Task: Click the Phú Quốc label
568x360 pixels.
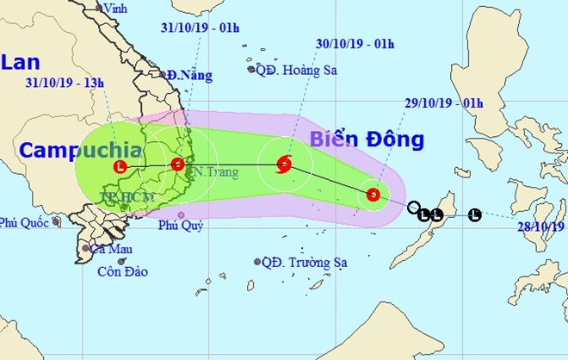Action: [26, 222]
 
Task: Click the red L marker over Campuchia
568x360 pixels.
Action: [120, 166]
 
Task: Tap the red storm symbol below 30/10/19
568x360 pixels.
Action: [284, 164]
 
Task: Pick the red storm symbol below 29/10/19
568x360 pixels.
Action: [373, 196]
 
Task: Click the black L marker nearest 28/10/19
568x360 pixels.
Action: [474, 214]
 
